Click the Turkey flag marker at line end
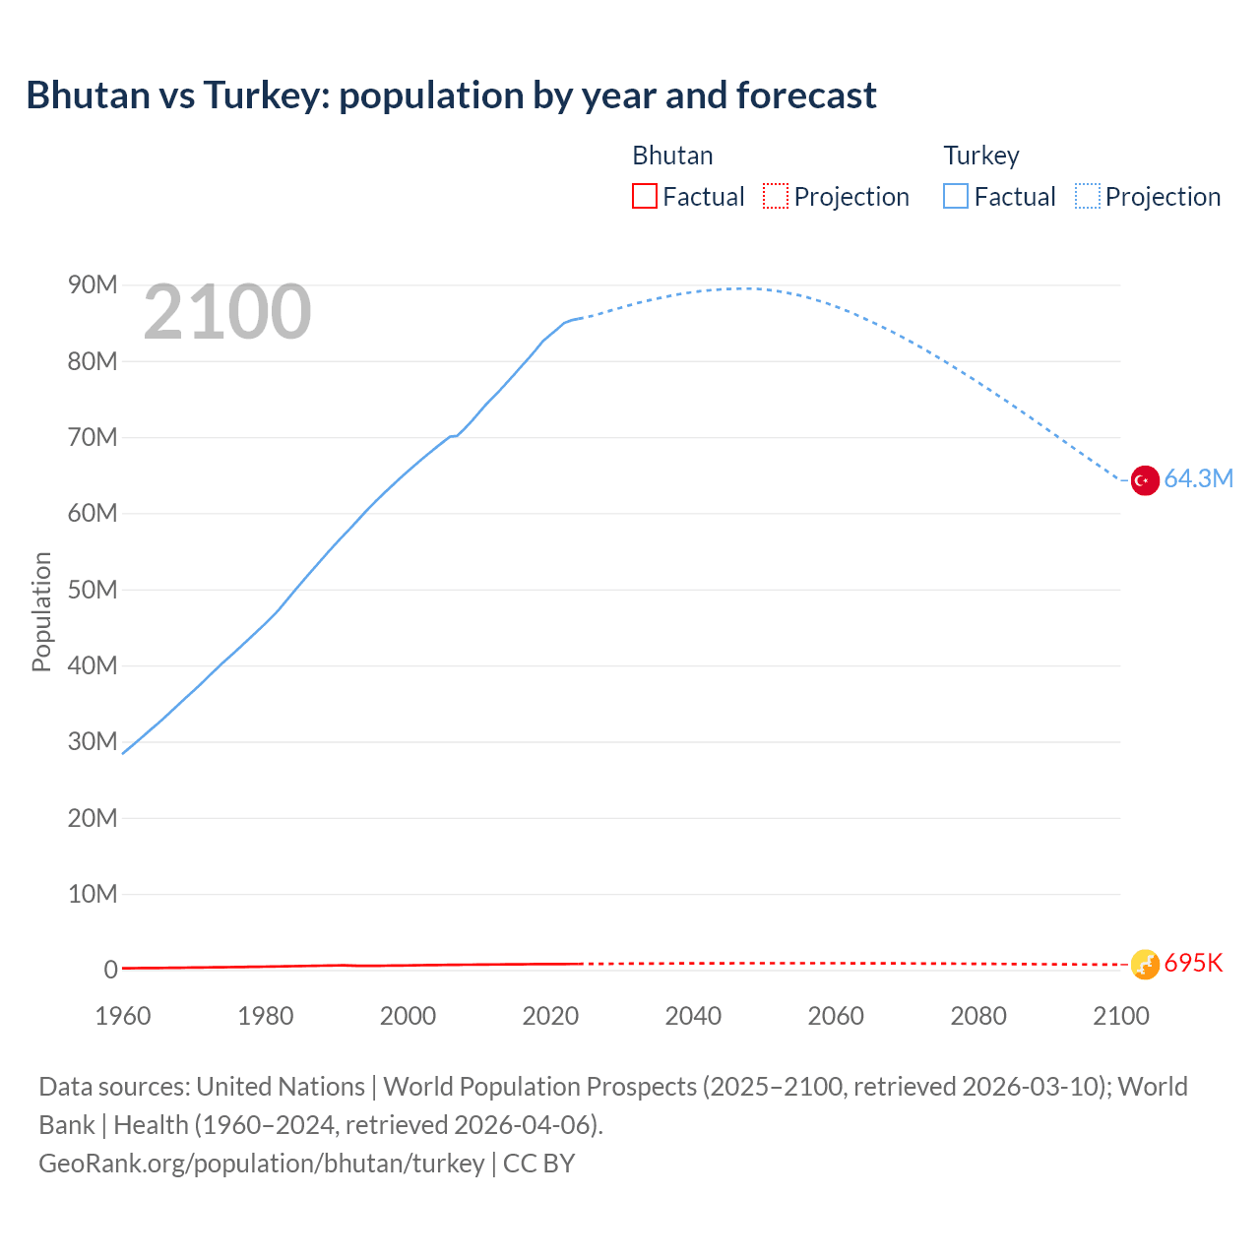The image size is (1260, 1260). pos(1144,480)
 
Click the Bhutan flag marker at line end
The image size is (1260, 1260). pos(1144,965)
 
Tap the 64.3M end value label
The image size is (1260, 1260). pos(1198,479)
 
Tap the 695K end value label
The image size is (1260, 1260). pos(1193,964)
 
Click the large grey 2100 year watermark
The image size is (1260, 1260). pos(227,312)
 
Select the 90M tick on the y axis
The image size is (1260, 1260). pos(93,285)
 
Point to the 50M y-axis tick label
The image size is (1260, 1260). pos(93,590)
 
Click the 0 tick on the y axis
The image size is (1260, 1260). pos(110,971)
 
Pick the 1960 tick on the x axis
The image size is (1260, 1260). pos(123,1016)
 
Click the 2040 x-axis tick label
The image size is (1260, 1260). pos(693,1016)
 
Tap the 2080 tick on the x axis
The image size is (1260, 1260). pos(978,1016)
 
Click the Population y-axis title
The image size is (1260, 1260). pos(41,611)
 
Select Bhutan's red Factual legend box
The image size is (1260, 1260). pos(645,197)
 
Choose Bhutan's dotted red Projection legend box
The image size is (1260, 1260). pos(776,197)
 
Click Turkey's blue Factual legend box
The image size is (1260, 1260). pos(956,197)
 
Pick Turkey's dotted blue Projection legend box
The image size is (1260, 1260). pos(1088,197)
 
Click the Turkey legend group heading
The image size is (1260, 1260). pos(981,156)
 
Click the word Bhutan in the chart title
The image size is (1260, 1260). pos(88,95)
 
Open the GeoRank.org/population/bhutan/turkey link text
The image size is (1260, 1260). pos(261,1164)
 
